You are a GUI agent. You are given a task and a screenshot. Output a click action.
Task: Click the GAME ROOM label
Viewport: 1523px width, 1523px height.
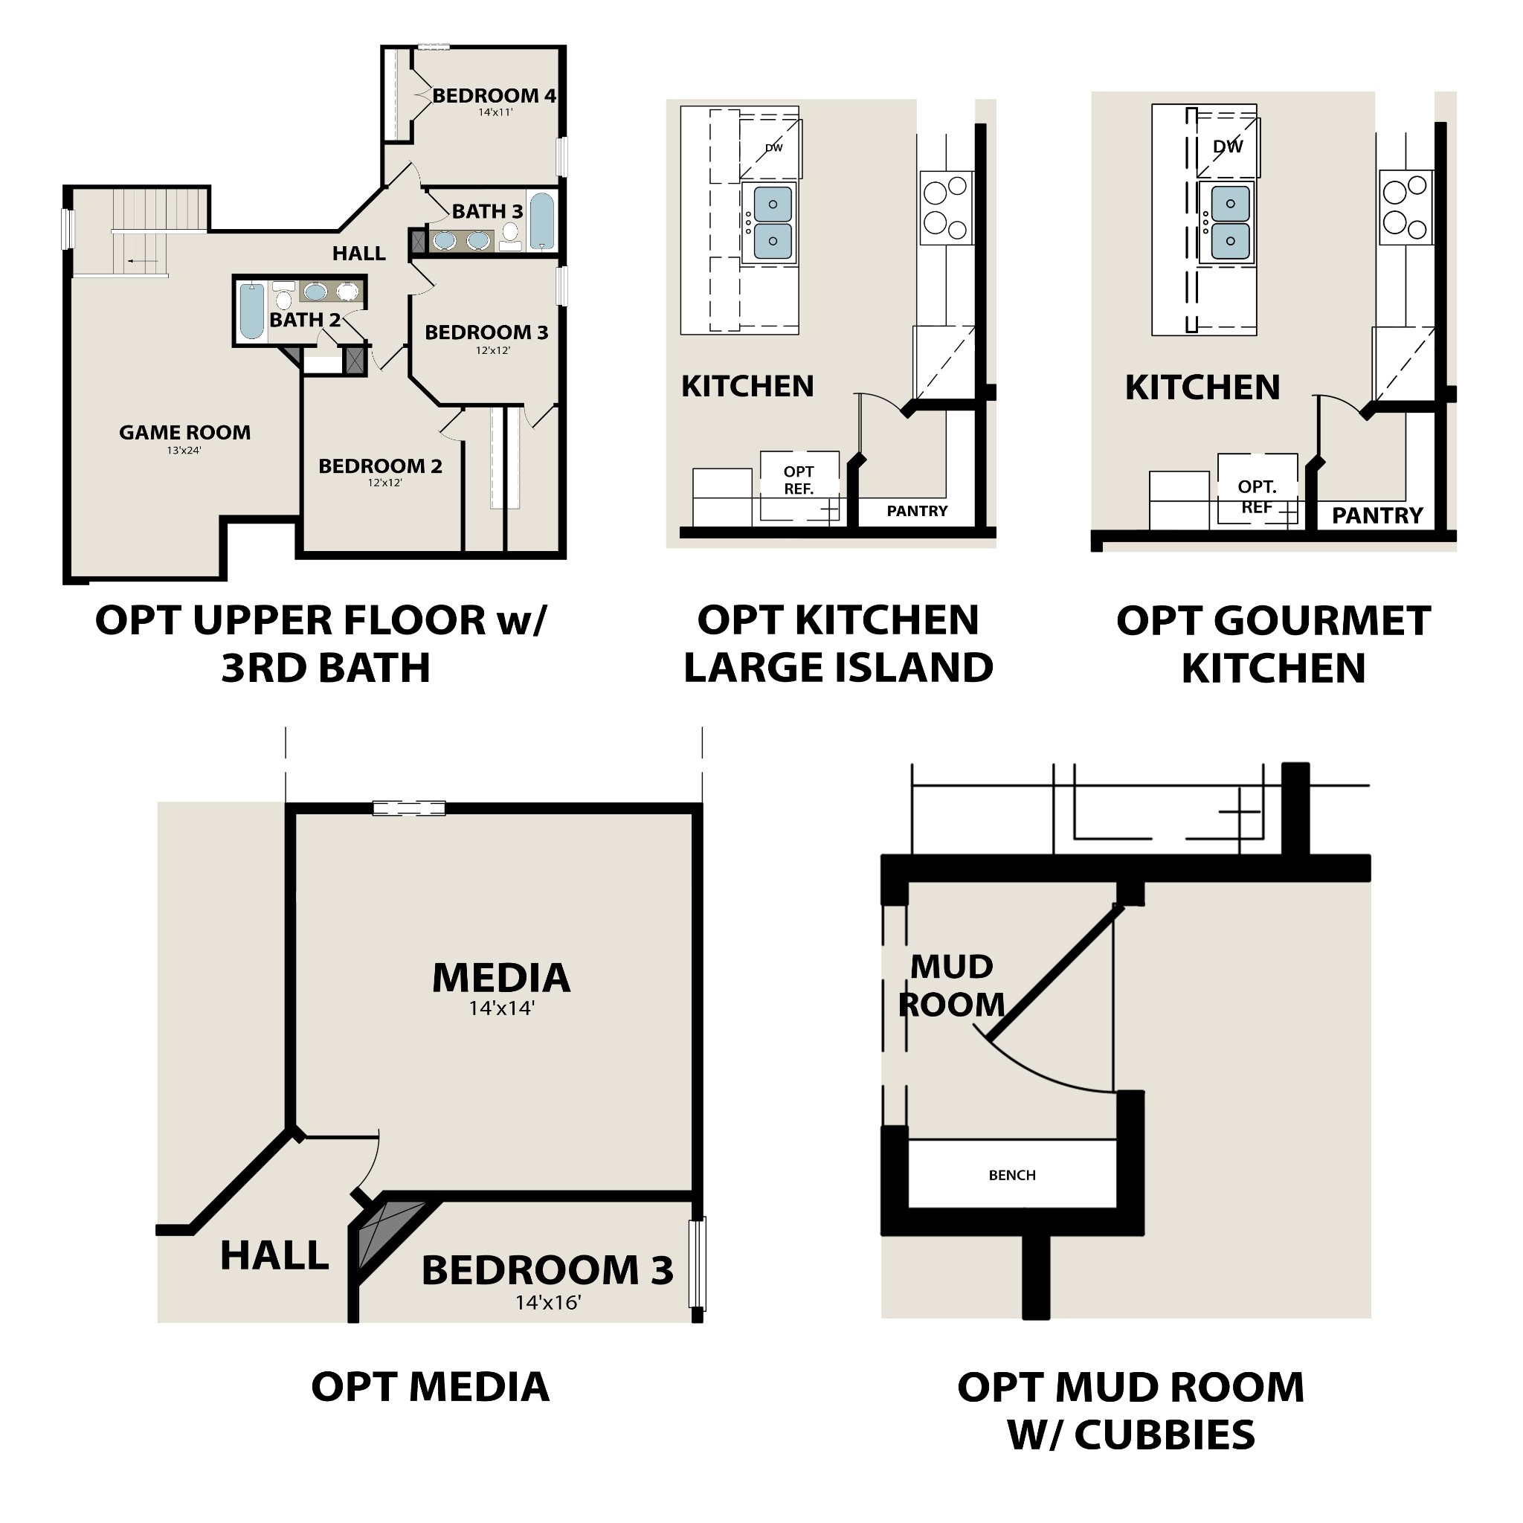pos(185,433)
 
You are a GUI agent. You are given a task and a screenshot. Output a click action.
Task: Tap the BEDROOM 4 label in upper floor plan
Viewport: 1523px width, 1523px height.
pos(495,96)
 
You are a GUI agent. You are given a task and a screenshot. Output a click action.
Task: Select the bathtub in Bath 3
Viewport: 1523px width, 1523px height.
pos(541,222)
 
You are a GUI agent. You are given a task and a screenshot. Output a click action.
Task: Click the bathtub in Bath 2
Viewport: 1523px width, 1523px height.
pos(251,312)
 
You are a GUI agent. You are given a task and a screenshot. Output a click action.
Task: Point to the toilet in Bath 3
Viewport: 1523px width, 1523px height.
pos(511,233)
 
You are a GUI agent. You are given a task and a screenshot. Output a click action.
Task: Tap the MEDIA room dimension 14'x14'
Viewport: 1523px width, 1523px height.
pos(501,1008)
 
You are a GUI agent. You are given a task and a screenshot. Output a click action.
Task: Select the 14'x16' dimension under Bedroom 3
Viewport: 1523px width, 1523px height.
pos(548,1303)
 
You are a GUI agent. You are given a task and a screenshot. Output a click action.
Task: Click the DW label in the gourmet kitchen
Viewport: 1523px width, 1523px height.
pos(1227,146)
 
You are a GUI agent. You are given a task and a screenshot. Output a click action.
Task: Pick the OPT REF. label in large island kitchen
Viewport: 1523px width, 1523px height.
pos(799,480)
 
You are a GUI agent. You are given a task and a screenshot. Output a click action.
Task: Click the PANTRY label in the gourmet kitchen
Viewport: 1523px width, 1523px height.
pos(1377,515)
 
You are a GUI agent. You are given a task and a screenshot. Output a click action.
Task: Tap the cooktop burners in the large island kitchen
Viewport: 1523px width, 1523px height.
pos(946,208)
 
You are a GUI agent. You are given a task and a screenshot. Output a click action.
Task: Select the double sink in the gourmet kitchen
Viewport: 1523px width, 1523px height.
pos(1230,222)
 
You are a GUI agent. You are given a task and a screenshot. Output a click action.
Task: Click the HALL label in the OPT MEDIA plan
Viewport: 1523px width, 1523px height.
pos(274,1256)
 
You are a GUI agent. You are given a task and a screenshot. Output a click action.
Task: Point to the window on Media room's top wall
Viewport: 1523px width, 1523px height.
pos(408,808)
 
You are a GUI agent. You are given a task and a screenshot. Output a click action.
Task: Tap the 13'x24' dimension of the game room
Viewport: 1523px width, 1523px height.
pos(184,451)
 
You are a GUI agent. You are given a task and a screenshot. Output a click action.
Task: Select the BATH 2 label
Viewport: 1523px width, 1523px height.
pos(305,320)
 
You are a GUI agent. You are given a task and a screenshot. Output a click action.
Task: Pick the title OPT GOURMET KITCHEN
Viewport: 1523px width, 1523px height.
pos(1273,645)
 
